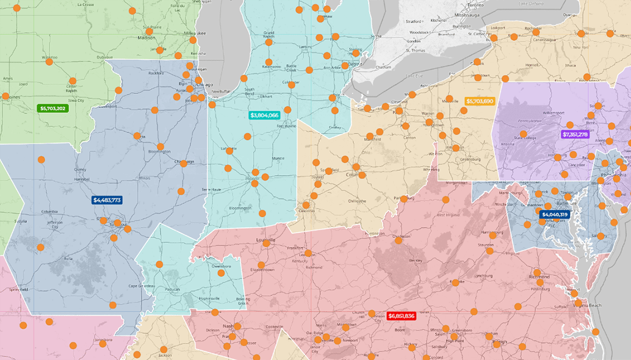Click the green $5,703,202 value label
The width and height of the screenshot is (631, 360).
[x=52, y=108]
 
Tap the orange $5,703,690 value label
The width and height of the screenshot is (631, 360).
[x=480, y=101]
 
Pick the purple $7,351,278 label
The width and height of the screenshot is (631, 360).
[x=575, y=134]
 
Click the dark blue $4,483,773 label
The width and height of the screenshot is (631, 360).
[x=107, y=200]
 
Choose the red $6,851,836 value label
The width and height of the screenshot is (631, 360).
[x=401, y=315]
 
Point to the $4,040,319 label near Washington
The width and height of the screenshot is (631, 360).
[x=554, y=214]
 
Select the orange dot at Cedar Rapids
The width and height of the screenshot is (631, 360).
[x=73, y=81]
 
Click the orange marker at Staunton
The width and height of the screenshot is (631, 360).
[x=492, y=235]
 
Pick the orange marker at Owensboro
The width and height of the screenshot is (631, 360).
[x=221, y=273]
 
